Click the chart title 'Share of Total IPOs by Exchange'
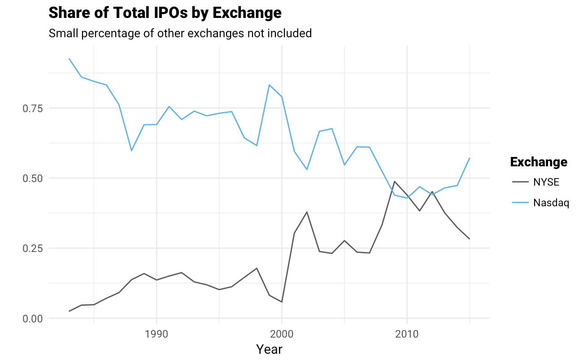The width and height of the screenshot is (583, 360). (x=165, y=13)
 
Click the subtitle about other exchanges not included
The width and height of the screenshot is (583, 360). (x=180, y=33)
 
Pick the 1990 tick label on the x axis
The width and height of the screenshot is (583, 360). (x=156, y=334)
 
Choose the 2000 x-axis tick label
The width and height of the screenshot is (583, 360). (x=282, y=334)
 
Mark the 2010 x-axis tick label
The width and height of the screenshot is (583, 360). (x=407, y=334)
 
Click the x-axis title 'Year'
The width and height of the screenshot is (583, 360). (x=269, y=349)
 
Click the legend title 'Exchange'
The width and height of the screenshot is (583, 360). (x=539, y=162)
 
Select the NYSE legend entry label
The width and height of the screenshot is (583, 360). (x=546, y=182)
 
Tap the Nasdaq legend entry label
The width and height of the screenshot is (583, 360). (x=551, y=203)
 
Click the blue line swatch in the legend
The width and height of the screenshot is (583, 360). (x=520, y=203)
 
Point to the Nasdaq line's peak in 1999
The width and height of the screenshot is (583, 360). (x=269, y=85)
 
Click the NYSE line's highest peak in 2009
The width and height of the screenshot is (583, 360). (x=394, y=182)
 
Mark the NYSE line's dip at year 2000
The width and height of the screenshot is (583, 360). (x=282, y=302)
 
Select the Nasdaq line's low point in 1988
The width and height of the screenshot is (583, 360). (x=131, y=151)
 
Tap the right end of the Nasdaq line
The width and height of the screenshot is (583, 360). (x=470, y=158)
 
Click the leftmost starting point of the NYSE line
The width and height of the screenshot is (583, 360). (x=69, y=311)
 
